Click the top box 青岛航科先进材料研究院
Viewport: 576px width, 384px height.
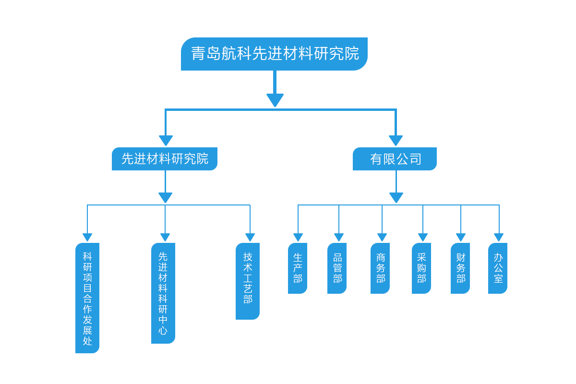tap(274, 54)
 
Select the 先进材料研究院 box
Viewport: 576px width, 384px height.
tap(165, 159)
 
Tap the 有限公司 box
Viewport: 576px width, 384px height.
tap(395, 159)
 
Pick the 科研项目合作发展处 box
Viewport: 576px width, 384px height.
tap(87, 298)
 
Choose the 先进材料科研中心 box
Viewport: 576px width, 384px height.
tap(163, 293)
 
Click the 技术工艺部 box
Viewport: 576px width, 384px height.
tap(248, 281)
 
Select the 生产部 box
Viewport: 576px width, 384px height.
tap(298, 268)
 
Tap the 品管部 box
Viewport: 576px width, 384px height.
tap(337, 268)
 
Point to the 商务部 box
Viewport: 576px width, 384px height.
tap(380, 268)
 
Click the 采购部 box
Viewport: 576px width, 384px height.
tap(421, 268)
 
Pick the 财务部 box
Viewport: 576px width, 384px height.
tap(460, 268)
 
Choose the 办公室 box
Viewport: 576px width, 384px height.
tap(498, 268)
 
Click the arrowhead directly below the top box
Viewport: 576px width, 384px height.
tap(275, 100)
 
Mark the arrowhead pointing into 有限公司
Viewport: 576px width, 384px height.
tap(396, 141)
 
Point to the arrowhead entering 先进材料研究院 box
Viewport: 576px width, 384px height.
tap(166, 141)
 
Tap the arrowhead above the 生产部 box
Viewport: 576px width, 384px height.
tap(298, 237)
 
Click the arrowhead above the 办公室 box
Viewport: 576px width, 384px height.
tap(499, 237)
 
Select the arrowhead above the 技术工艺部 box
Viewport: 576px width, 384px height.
tap(250, 237)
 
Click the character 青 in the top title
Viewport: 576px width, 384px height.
tap(198, 54)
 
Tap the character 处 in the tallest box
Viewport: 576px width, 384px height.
tap(87, 341)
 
